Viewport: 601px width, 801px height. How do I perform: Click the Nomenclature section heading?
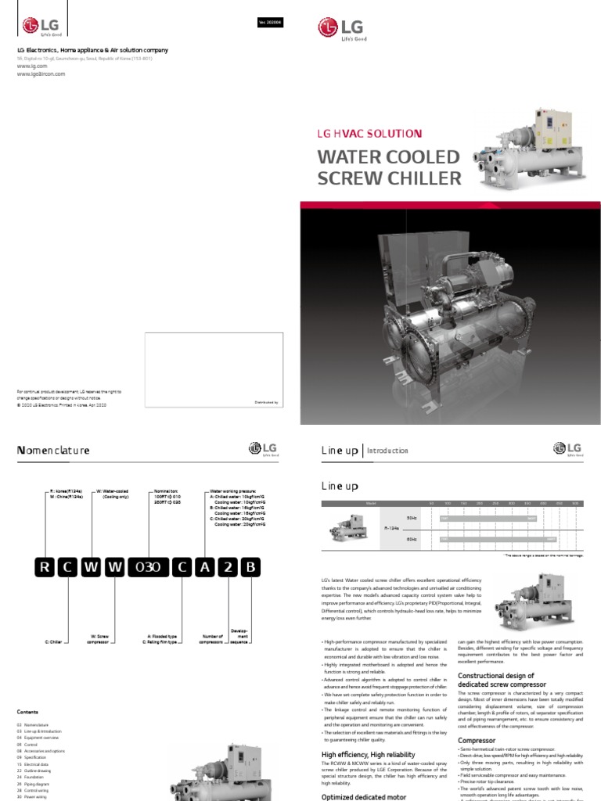(53, 451)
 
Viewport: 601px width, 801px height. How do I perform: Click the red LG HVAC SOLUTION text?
(369, 134)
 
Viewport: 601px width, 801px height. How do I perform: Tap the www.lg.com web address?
(29, 66)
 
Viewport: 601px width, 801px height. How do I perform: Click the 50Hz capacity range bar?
(488, 518)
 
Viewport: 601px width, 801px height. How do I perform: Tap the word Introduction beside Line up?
(387, 451)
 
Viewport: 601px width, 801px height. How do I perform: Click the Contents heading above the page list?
(27, 712)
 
